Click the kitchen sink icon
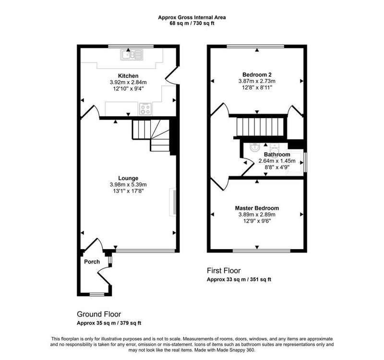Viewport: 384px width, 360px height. point(132,55)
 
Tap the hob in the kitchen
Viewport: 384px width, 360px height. point(145,109)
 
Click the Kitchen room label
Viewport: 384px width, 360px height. point(128,76)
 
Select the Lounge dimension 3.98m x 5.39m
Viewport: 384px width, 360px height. point(128,185)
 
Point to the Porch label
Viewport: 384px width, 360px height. point(92,262)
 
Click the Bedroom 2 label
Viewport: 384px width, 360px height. point(257,75)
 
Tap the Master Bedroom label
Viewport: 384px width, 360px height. point(257,208)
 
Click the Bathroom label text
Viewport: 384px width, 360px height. point(277,155)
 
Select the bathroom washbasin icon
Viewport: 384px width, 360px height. point(255,148)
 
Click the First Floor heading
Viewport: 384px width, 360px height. point(224,271)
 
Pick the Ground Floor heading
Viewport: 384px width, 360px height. point(99,314)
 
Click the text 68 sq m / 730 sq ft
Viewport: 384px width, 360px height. point(192,24)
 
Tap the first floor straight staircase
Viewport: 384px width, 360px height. point(260,127)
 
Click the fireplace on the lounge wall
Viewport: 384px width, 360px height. point(173,202)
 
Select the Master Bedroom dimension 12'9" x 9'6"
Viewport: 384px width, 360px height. point(257,221)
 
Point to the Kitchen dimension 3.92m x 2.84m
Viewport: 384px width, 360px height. point(128,82)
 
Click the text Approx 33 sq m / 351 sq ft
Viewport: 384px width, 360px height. point(239,279)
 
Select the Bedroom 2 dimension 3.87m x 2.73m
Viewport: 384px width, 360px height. point(257,81)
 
